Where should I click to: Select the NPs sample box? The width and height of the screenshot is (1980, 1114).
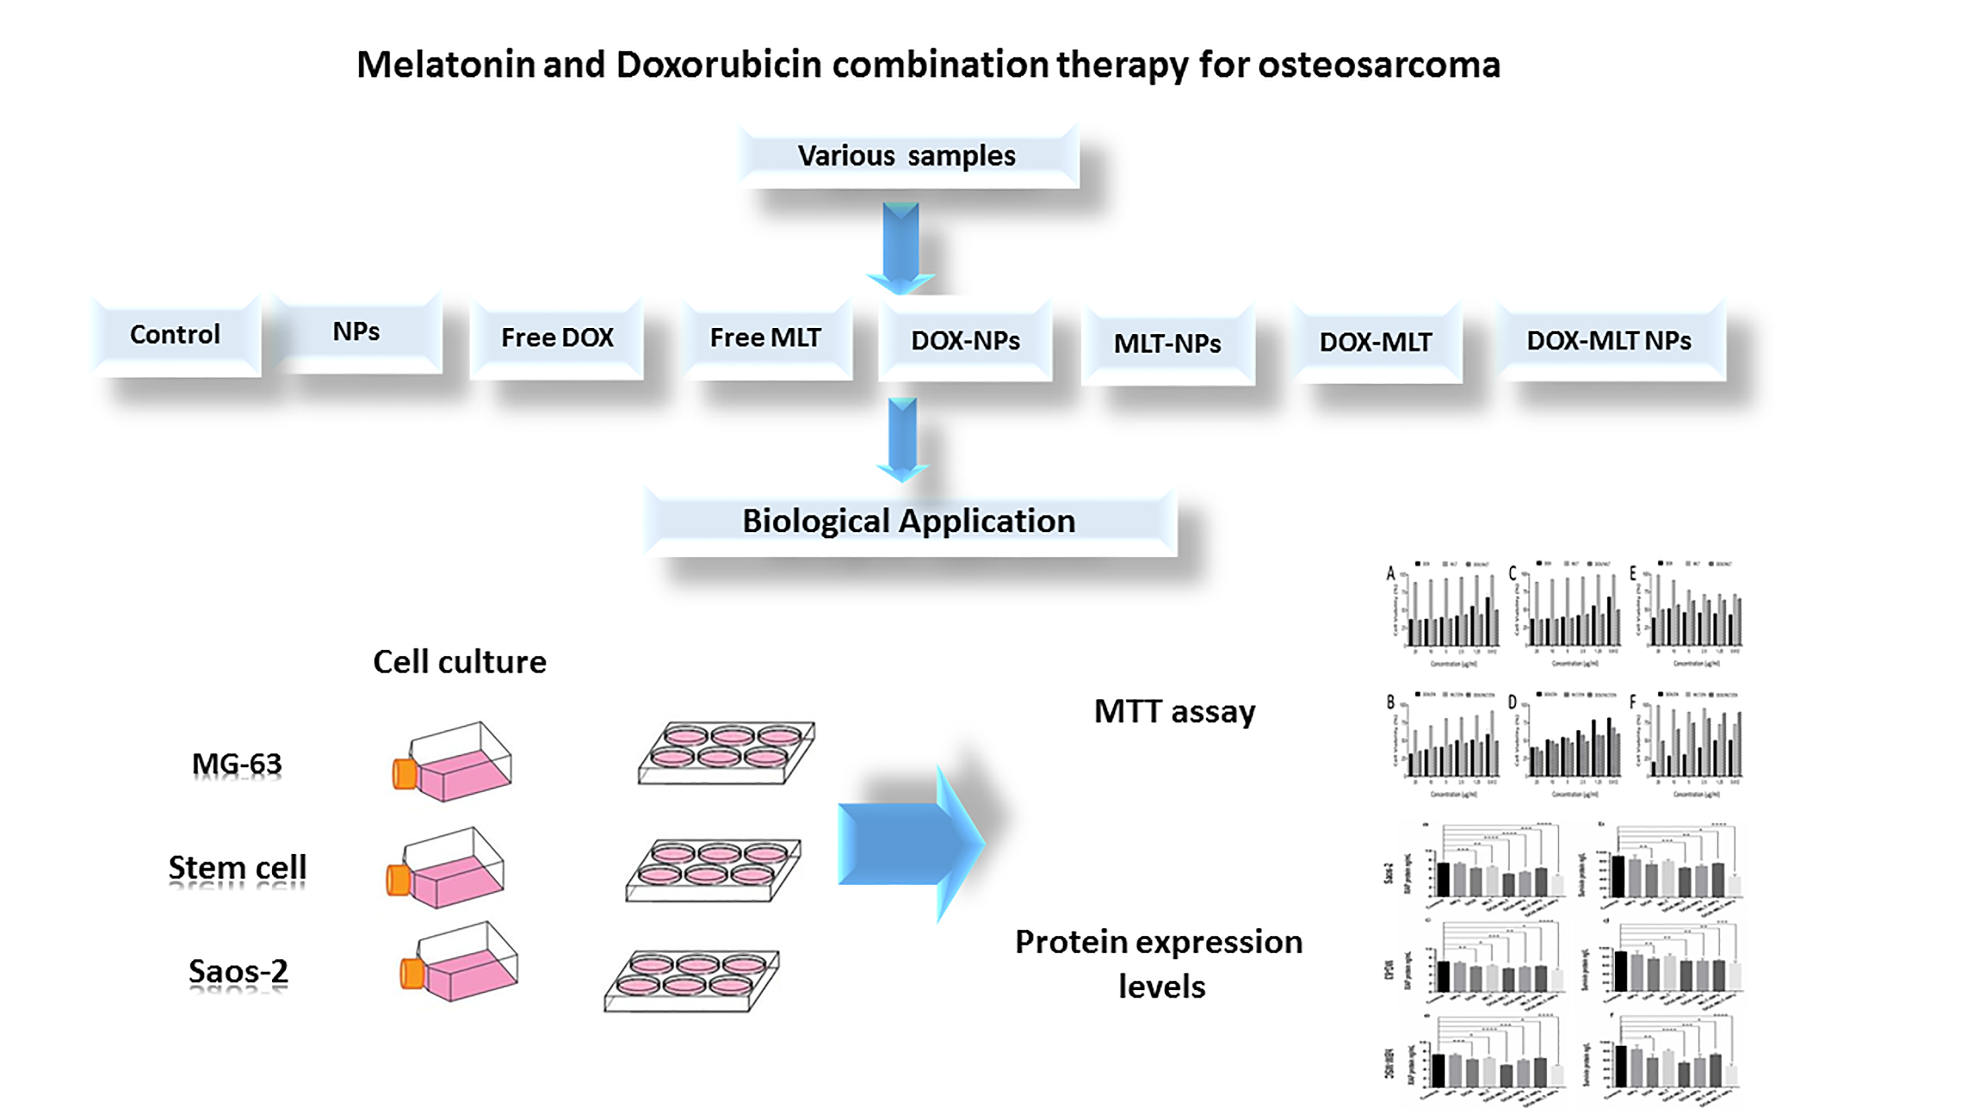coord(356,332)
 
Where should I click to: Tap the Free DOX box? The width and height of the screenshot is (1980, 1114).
coord(557,338)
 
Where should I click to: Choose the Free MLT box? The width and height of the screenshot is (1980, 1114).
coord(766,338)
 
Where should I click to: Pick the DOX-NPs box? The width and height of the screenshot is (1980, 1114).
coord(965,341)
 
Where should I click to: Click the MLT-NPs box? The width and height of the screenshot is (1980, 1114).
coord(1168,343)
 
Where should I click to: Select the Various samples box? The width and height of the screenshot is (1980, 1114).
coord(907,156)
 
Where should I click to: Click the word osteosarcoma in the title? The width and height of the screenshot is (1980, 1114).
coord(1379,64)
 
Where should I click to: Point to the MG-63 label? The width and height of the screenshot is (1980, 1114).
coord(237,764)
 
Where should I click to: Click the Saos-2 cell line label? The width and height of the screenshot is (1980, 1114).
coord(238,971)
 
